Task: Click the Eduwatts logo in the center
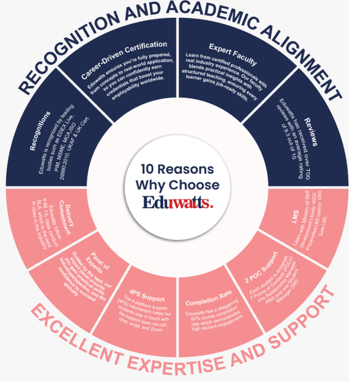177,202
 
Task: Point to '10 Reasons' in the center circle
177,169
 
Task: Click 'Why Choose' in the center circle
177,185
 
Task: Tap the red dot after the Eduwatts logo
211,206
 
